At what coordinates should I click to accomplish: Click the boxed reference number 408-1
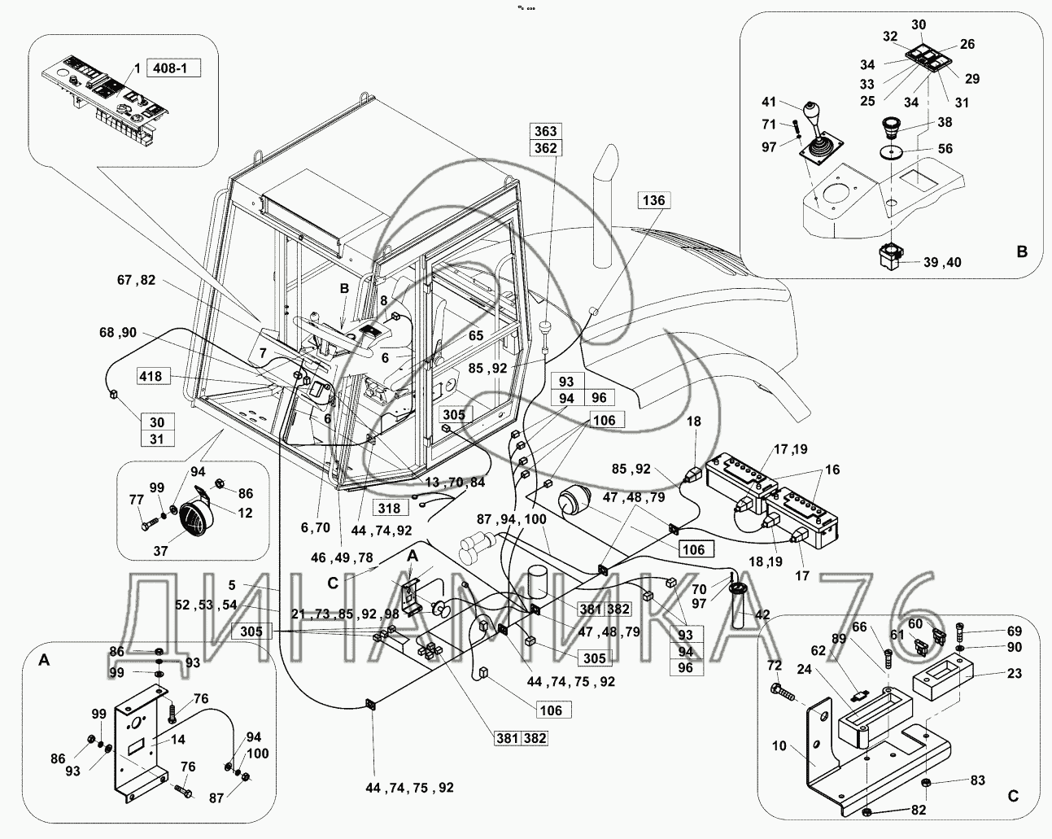point(172,68)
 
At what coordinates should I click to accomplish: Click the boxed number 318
point(390,508)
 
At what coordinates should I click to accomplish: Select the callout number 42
point(762,616)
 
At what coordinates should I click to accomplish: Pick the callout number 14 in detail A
point(178,740)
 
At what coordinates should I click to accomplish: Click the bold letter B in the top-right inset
point(1022,252)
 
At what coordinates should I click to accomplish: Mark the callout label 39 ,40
point(942,262)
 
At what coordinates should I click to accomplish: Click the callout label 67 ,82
point(136,280)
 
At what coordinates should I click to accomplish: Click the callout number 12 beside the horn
point(245,513)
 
